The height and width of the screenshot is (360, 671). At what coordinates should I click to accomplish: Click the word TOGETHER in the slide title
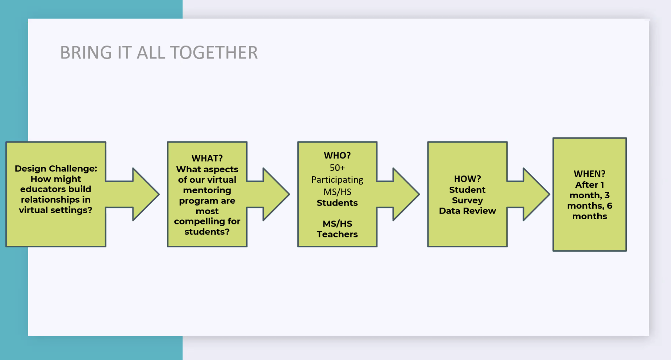214,53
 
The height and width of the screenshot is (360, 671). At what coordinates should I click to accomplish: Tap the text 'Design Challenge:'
56,169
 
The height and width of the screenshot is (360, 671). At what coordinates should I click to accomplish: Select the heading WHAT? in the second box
207,158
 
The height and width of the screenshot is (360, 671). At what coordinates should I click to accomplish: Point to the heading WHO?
337,155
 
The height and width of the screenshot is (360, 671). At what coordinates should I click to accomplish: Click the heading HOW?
467,179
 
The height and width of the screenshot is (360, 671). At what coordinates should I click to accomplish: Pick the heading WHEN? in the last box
590,174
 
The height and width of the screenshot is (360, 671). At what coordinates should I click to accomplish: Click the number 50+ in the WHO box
337,168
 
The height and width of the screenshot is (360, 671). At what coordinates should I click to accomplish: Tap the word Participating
337,180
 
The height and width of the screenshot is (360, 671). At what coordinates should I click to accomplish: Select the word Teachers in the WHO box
337,234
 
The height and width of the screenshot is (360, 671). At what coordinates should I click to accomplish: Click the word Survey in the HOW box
467,201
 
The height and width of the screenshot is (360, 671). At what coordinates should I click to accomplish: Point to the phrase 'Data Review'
467,211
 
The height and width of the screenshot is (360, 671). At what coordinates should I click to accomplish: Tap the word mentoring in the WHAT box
207,190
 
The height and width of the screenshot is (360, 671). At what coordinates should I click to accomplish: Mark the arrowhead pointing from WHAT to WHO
276,194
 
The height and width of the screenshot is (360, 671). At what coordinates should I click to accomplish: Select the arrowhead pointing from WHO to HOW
406,194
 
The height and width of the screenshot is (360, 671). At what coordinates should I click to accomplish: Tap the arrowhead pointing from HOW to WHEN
536,194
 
